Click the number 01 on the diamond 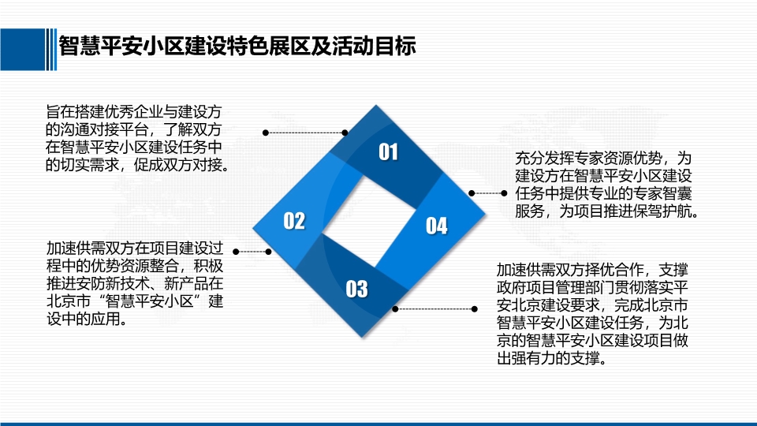[x=388, y=151]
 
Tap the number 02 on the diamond [x=294, y=221]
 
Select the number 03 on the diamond [x=356, y=289]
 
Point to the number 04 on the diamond [x=436, y=226]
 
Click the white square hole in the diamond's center [x=369, y=221]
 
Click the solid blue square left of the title [x=22, y=49]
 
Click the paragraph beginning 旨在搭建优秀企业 [x=137, y=138]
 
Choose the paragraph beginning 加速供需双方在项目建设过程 [x=135, y=283]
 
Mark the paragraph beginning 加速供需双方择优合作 [x=592, y=314]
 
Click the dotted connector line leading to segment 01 [x=305, y=133]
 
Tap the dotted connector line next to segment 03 [x=435, y=308]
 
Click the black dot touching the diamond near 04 [x=472, y=193]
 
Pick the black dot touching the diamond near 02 [x=268, y=252]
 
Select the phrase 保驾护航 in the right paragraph [x=662, y=211]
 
